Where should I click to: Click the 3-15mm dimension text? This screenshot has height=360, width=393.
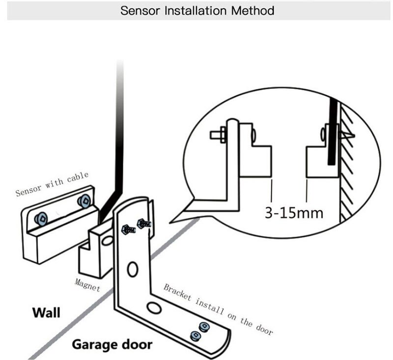(x=294, y=213)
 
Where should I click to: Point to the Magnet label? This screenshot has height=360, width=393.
(x=87, y=284)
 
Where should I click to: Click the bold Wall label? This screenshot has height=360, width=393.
(x=46, y=312)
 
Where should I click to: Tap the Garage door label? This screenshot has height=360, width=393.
(x=112, y=344)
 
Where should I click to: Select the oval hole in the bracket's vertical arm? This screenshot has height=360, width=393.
(x=132, y=269)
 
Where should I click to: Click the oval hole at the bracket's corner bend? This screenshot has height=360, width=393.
(x=155, y=308)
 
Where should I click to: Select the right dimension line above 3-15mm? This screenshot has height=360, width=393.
(x=307, y=190)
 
